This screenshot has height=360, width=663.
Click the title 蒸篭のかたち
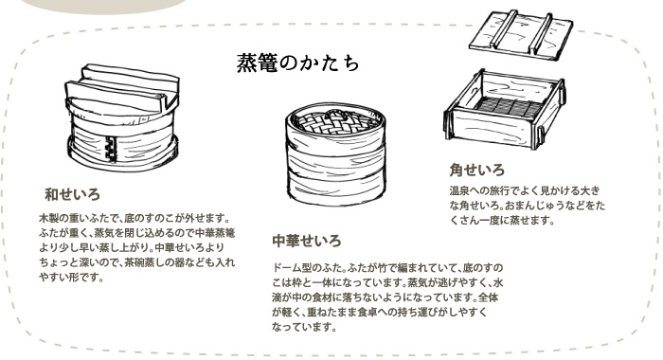point(297,63)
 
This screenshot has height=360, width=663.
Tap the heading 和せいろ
point(72,194)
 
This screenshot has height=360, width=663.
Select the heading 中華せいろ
point(307,241)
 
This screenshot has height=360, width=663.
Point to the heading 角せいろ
point(477,171)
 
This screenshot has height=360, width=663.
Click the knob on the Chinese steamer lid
point(335,114)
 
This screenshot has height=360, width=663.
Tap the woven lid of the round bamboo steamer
point(336,121)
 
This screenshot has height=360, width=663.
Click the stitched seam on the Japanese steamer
point(111,149)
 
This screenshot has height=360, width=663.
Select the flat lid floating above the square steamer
point(521,35)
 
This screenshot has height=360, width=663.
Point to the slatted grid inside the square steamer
point(510,107)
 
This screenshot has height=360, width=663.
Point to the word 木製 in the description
point(48,219)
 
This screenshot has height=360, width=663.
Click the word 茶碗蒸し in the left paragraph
point(153,262)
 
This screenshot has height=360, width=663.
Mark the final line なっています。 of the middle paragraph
point(304,328)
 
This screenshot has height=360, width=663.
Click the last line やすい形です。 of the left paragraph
point(71,278)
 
